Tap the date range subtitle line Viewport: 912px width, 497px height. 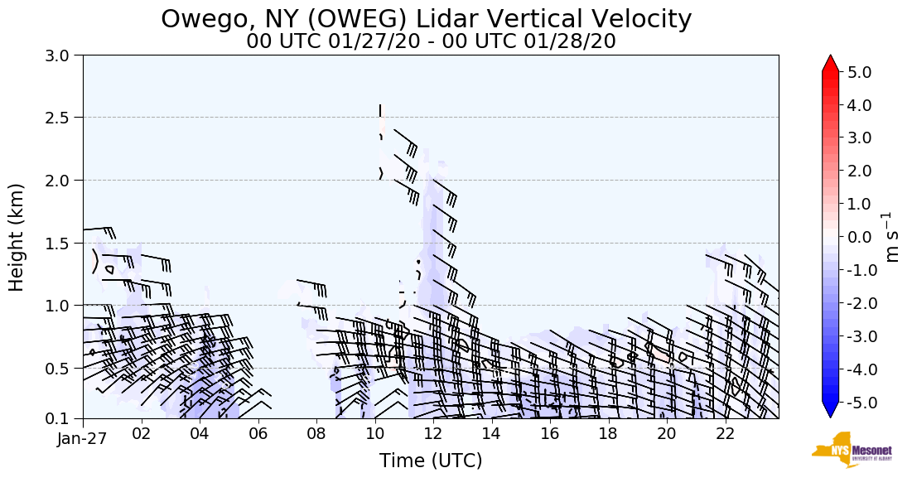click(431, 41)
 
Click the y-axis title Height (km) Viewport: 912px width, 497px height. click(17, 237)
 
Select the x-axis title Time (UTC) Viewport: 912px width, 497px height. click(431, 461)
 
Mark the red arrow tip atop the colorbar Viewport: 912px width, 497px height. click(830, 62)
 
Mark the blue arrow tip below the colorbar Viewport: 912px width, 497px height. click(830, 412)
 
